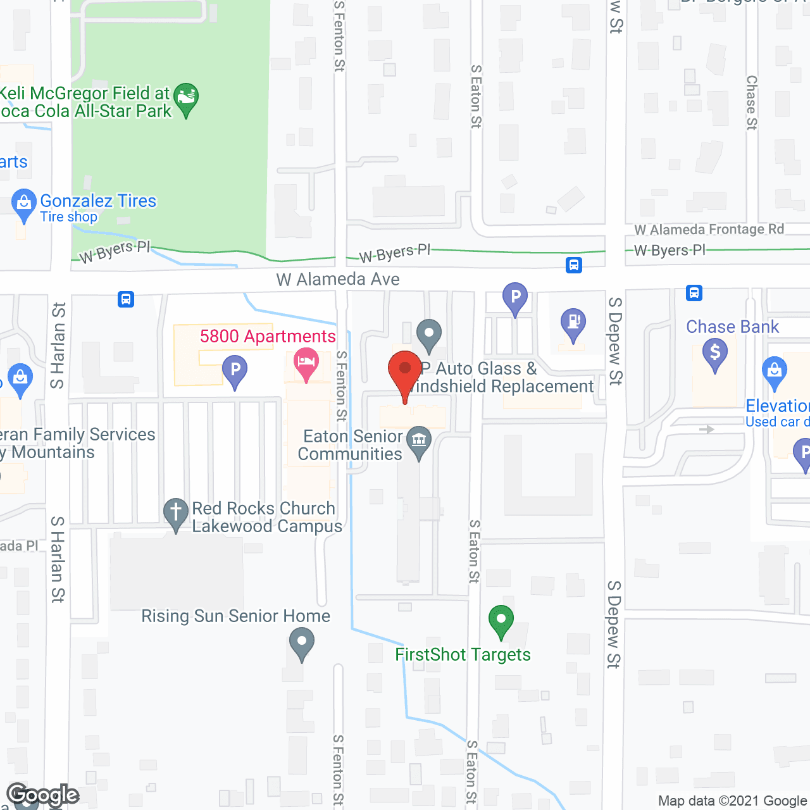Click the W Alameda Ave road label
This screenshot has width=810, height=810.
tap(338, 279)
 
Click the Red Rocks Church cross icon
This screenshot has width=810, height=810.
tap(176, 513)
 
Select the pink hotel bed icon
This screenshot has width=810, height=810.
tap(307, 363)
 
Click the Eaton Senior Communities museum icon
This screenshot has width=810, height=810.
tap(419, 440)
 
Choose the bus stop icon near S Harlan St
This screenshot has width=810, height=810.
tap(126, 299)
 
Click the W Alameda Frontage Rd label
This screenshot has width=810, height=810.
tap(709, 230)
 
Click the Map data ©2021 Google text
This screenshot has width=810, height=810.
tap(732, 801)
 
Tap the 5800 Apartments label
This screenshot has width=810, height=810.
tap(268, 336)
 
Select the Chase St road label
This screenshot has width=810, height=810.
tap(751, 103)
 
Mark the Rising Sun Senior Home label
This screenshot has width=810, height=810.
tap(235, 616)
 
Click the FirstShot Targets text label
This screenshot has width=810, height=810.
tap(463, 654)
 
